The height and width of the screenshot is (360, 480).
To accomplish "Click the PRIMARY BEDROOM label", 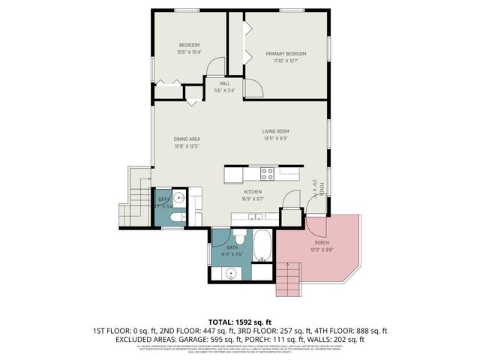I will click(x=285, y=54).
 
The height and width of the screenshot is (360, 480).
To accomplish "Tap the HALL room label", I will click(x=224, y=84).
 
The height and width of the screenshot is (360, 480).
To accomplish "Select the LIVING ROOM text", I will click(x=275, y=131).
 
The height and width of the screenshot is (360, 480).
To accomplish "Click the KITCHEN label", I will click(x=251, y=192).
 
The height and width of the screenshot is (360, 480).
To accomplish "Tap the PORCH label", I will click(x=321, y=243).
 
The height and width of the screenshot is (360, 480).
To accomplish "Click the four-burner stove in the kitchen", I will click(x=267, y=174).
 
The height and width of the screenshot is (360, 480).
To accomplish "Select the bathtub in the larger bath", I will click(x=263, y=246).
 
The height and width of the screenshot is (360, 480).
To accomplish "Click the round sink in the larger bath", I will click(x=230, y=274).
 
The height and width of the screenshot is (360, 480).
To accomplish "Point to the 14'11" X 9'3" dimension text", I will click(x=275, y=139).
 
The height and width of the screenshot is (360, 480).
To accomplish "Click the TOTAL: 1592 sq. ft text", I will click(x=240, y=321).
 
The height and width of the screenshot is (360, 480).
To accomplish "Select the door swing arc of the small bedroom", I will click(x=217, y=66).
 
